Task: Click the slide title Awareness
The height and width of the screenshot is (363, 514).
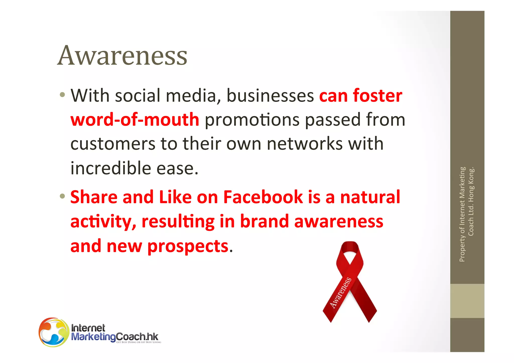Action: (x=122, y=55)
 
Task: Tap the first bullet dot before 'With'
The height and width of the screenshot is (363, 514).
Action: (x=62, y=95)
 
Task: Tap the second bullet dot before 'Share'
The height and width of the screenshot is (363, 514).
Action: (x=62, y=196)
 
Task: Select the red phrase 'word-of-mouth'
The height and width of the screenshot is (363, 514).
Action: (x=135, y=120)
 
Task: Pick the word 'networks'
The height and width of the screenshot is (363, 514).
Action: (x=305, y=144)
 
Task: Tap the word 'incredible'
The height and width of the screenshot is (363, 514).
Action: (x=110, y=168)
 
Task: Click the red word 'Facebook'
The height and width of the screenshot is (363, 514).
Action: (x=263, y=197)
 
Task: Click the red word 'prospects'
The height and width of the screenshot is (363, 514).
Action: (x=188, y=246)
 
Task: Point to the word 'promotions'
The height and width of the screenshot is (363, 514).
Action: (x=252, y=120)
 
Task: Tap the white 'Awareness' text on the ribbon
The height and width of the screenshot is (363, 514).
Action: (x=341, y=293)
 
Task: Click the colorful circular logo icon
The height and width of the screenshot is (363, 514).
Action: (x=54, y=332)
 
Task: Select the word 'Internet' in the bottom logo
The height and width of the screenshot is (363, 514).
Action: (x=88, y=328)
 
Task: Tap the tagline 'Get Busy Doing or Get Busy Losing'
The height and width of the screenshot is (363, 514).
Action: (x=139, y=342)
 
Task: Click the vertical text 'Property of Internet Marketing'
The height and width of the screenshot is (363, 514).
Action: (x=462, y=214)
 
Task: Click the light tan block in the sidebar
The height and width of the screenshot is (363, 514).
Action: (x=467, y=301)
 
